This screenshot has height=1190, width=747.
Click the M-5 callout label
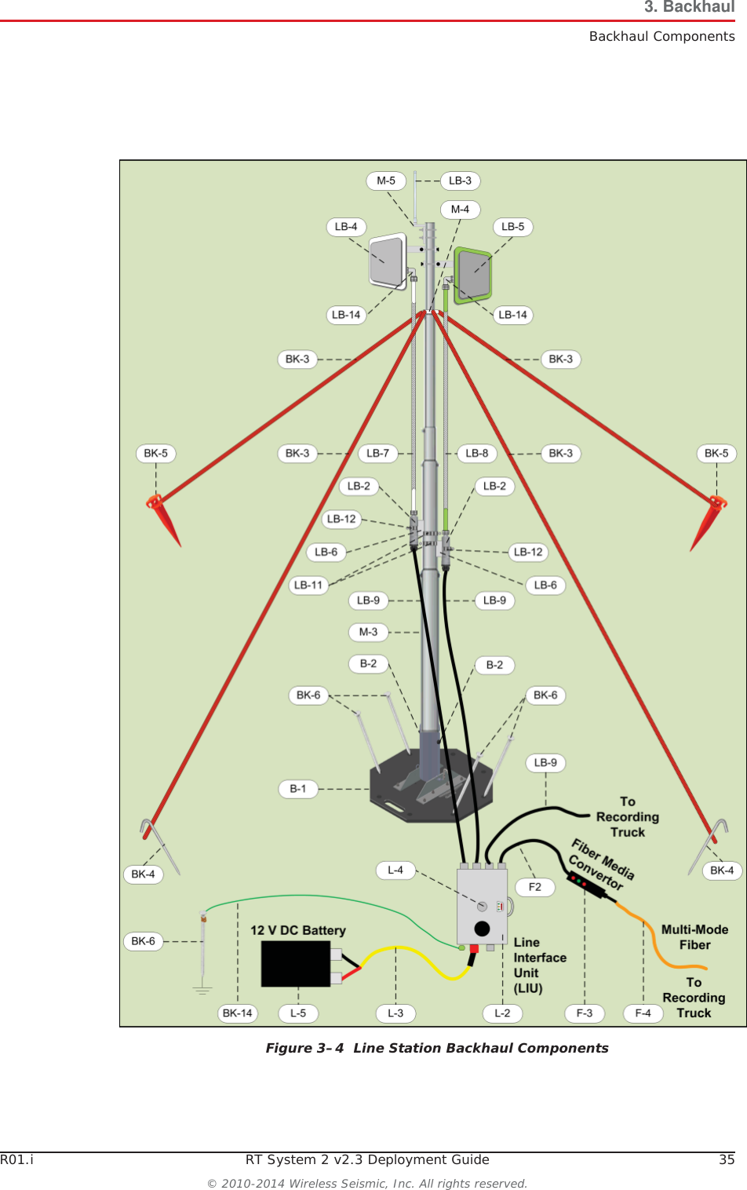(386, 181)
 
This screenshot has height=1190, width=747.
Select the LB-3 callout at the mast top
(460, 181)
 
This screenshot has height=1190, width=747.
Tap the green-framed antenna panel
(473, 275)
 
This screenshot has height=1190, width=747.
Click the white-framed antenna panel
(388, 261)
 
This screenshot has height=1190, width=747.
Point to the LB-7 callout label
(377, 453)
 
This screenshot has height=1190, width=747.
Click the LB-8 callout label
(476, 453)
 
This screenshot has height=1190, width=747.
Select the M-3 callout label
(368, 632)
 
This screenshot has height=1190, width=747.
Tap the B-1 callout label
(298, 789)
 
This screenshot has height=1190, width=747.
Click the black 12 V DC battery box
(296, 963)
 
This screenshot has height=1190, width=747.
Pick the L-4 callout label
(395, 870)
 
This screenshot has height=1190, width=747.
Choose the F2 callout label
(535, 887)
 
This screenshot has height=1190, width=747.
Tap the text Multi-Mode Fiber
(694, 937)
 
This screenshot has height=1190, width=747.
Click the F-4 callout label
(643, 1013)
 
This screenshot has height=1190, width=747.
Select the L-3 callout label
(395, 1013)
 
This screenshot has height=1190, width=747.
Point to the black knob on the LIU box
(482, 929)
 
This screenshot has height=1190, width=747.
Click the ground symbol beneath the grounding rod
(202, 990)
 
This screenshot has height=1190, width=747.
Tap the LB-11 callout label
(308, 585)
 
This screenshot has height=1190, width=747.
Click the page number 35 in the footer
(727, 1159)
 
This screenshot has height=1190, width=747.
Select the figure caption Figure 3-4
(437, 1048)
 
